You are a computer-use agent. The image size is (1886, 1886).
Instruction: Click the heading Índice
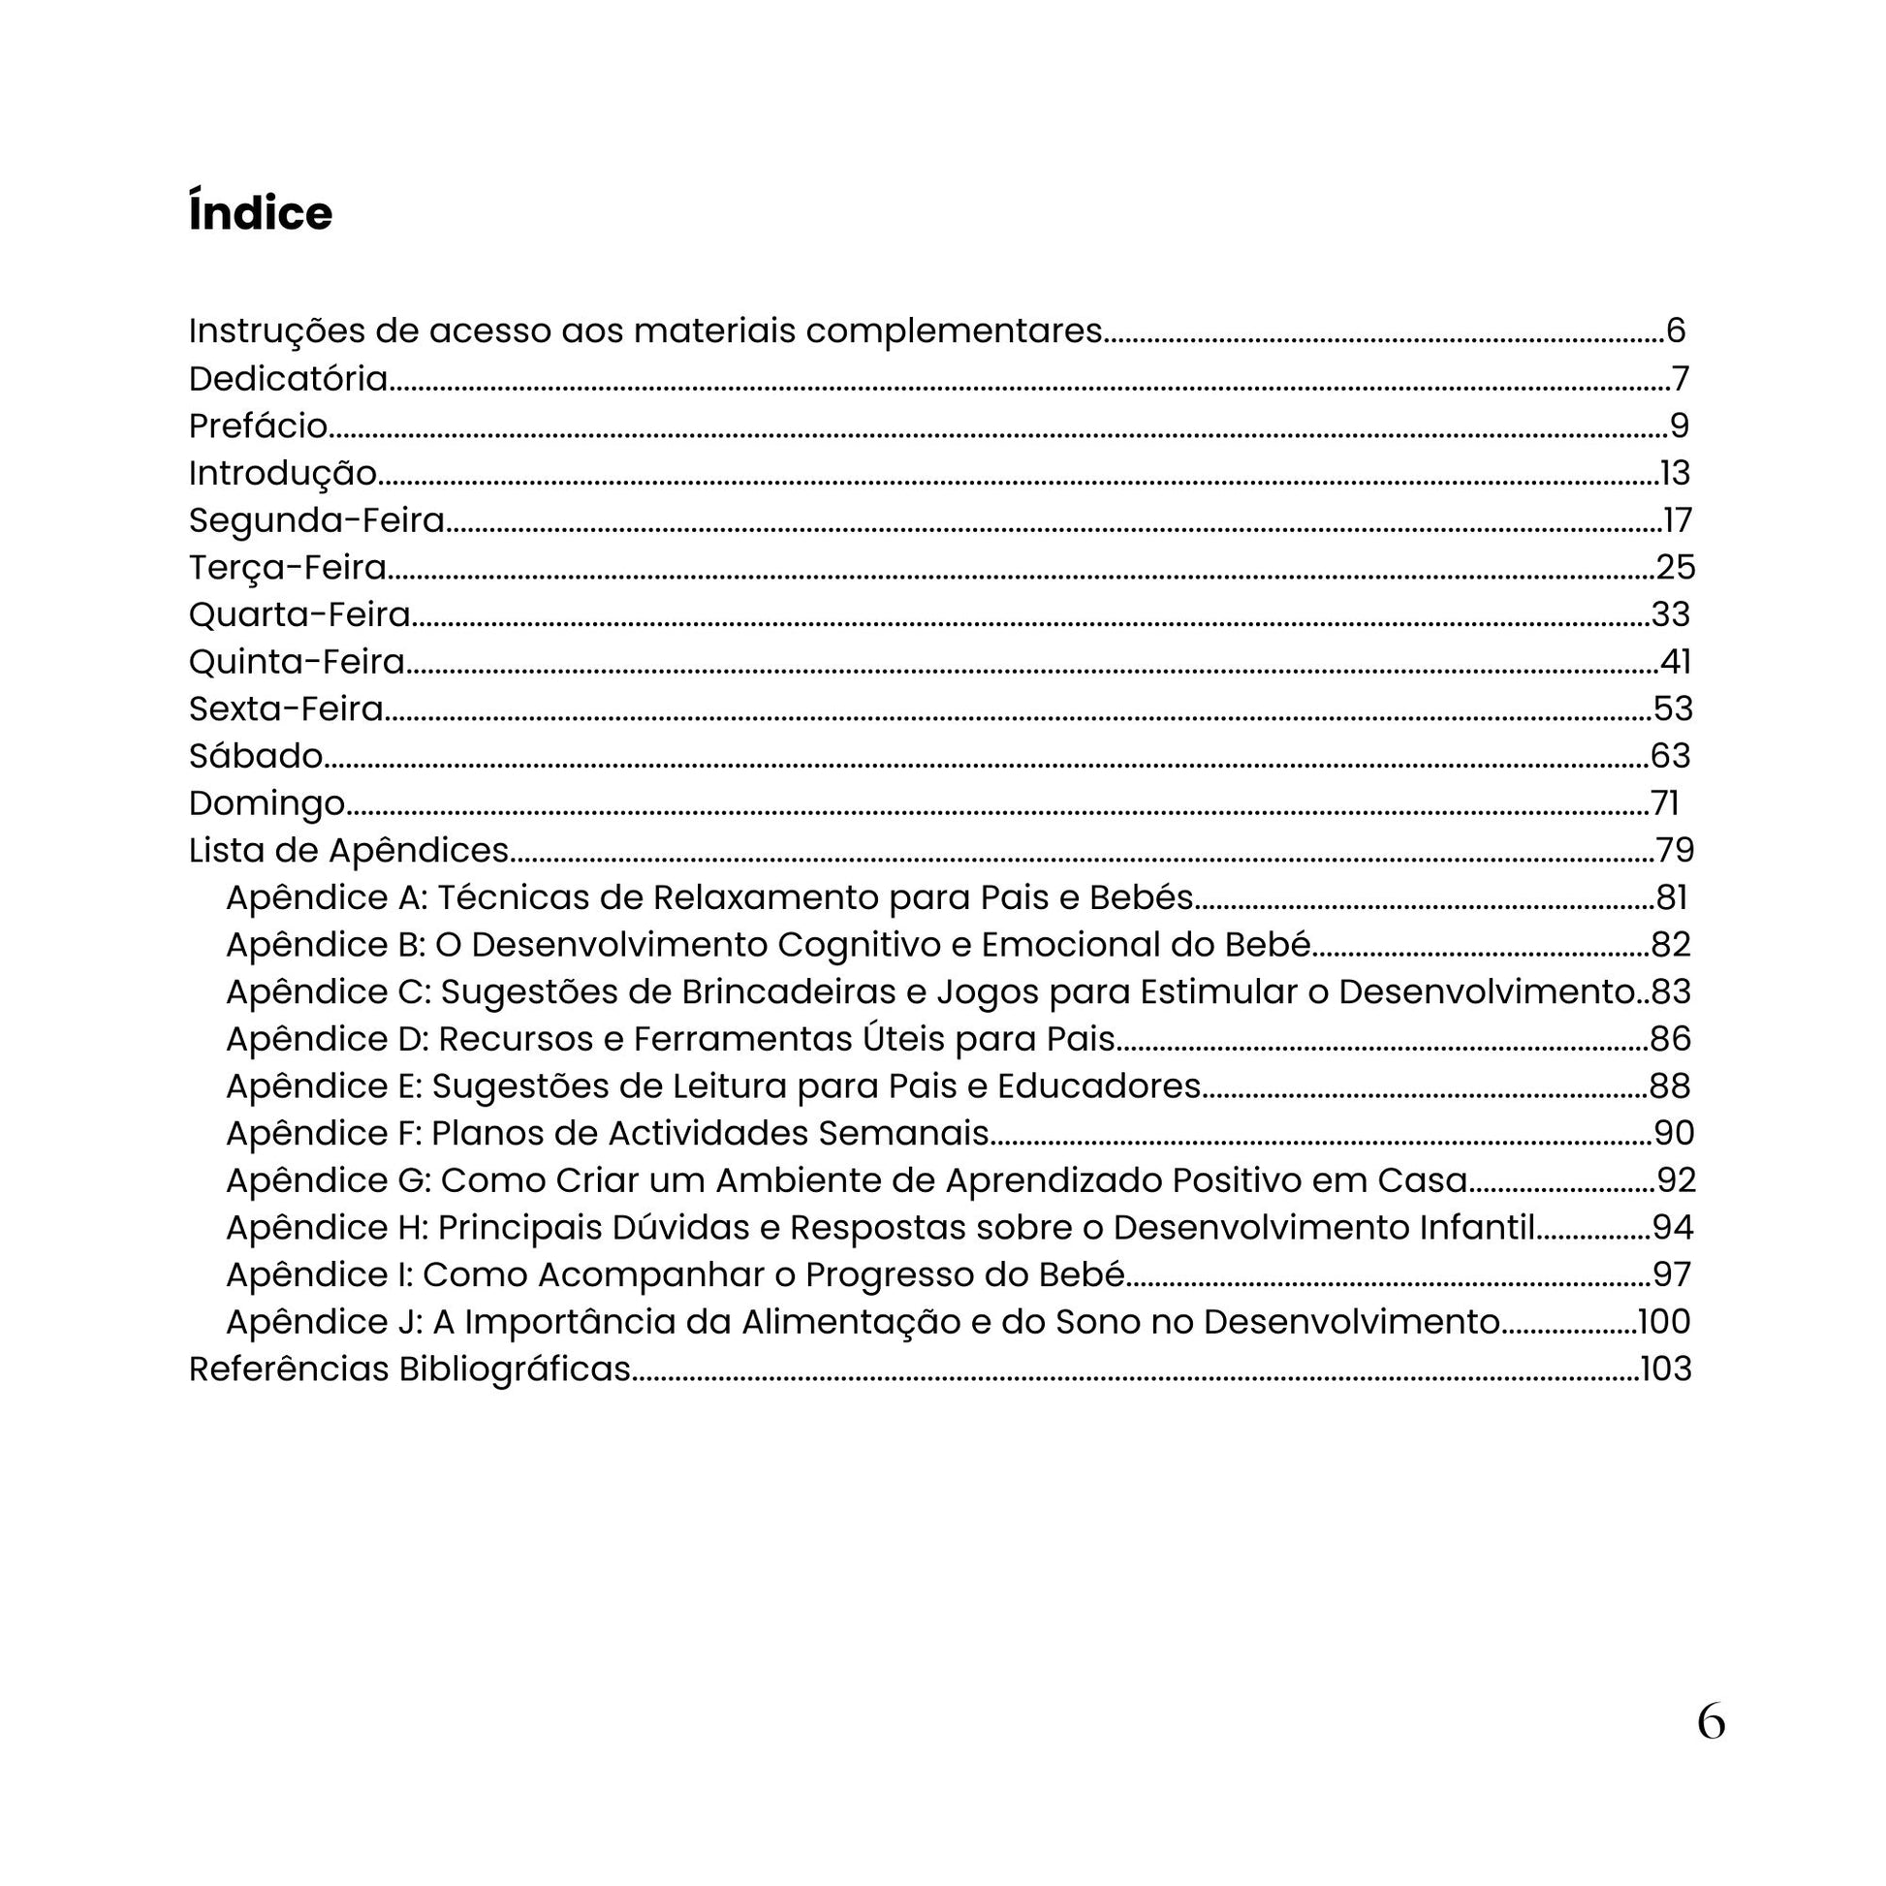tap(260, 212)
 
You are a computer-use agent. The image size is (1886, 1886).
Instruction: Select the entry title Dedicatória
tap(288, 379)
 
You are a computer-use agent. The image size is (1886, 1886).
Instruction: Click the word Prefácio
tap(258, 425)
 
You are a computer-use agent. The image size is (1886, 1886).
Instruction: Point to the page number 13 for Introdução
tap(1675, 474)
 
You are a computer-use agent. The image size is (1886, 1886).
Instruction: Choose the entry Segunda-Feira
tap(316, 520)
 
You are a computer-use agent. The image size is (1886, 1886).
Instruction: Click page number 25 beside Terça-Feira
tap(1675, 567)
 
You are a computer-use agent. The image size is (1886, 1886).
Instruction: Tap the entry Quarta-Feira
tap(299, 615)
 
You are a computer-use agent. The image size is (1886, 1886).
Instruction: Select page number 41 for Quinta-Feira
tap(1675, 662)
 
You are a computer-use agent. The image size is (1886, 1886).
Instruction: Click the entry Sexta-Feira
tap(286, 708)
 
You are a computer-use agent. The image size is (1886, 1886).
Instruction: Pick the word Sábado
tap(256, 756)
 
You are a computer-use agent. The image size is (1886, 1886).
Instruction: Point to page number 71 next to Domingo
tap(1665, 803)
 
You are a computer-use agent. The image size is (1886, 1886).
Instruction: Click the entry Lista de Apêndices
tap(349, 850)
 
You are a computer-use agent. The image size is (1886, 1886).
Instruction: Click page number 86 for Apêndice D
tap(1670, 1039)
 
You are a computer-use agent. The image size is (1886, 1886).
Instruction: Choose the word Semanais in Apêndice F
tap(903, 1133)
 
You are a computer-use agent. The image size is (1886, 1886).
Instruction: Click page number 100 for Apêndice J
tap(1663, 1322)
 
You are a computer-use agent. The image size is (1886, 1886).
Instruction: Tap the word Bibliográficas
tap(515, 1369)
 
